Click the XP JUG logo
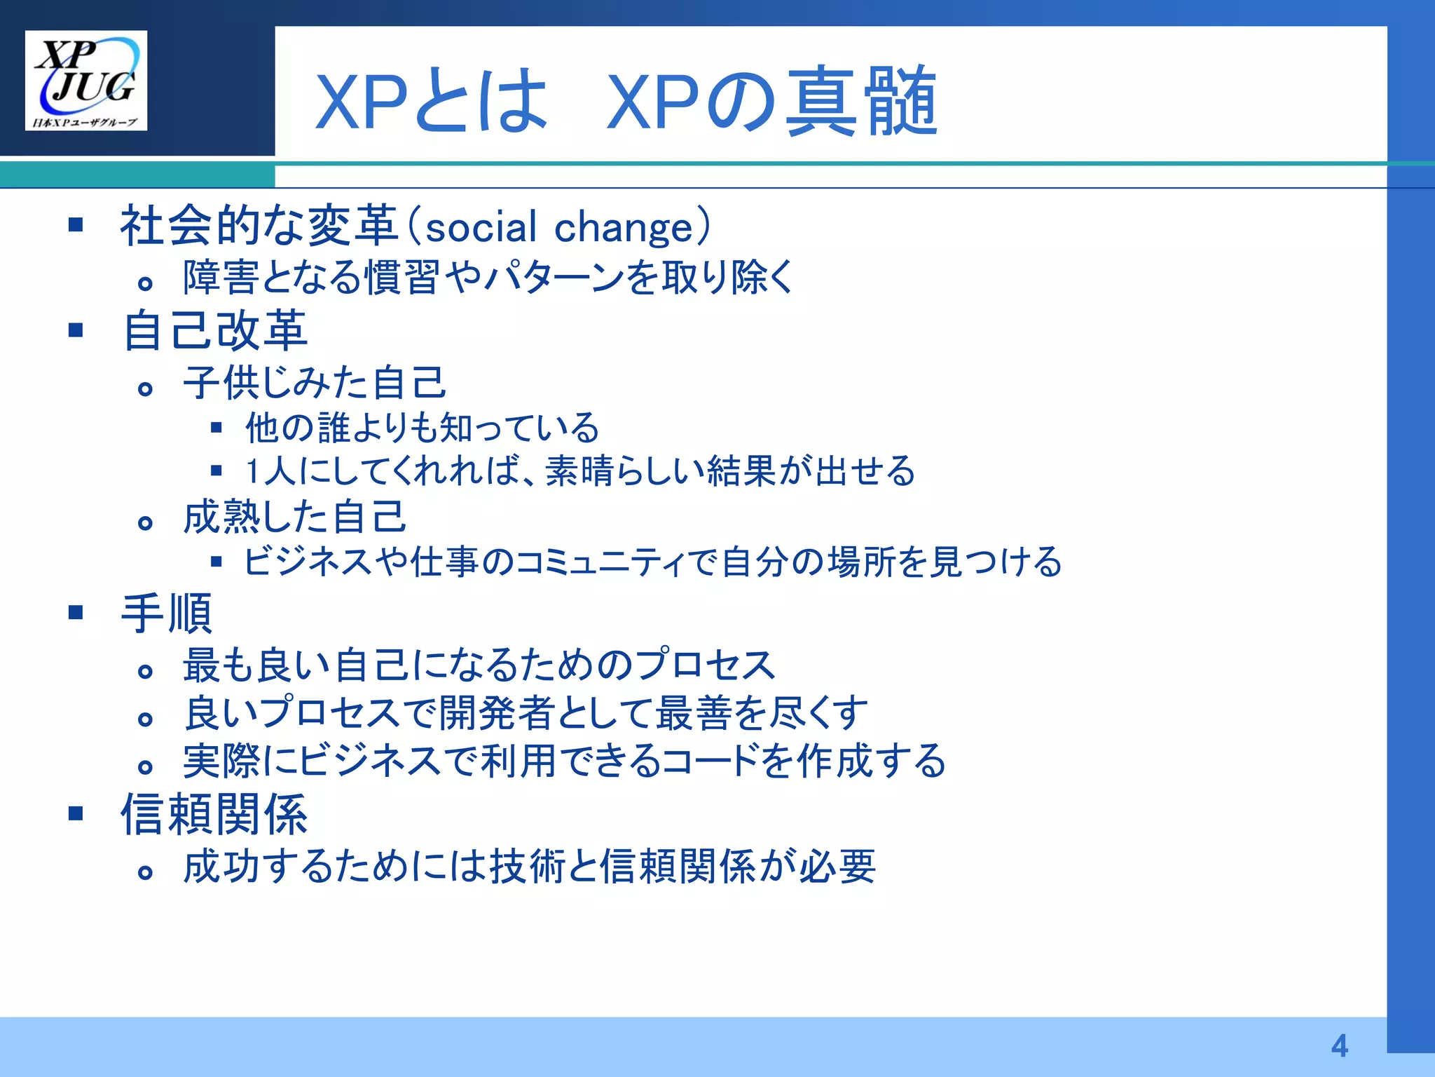(85, 80)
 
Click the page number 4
(1339, 1046)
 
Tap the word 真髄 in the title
(861, 102)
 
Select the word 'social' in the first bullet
(481, 228)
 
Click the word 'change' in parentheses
(623, 228)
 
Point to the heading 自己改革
(214, 330)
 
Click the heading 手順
(166, 614)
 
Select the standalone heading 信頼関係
(214, 815)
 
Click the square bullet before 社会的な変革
(76, 225)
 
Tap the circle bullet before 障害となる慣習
(145, 283)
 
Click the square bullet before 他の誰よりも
(217, 427)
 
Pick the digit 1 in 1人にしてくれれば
(253, 471)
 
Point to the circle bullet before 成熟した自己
(145, 523)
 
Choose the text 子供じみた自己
(315, 383)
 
